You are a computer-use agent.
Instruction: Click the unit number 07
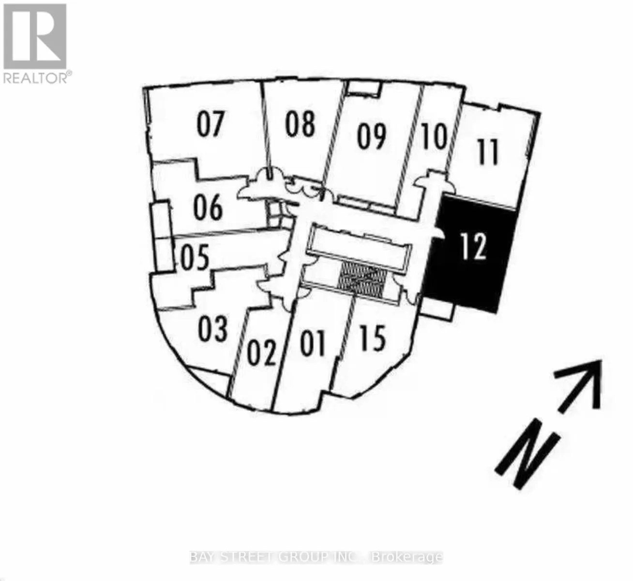(211, 124)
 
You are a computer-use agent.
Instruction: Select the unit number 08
(300, 124)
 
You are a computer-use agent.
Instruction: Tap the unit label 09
(371, 137)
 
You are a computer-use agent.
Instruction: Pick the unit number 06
(208, 207)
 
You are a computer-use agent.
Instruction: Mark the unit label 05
(195, 257)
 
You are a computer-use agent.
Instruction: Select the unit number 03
(212, 329)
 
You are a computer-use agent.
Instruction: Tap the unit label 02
(261, 353)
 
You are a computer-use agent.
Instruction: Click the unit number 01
(313, 344)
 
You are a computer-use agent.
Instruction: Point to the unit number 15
(372, 338)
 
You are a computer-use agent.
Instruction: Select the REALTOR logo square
(35, 37)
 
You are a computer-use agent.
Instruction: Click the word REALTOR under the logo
(35, 78)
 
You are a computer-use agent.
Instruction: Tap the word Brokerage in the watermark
(407, 557)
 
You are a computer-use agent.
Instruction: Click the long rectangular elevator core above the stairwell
(360, 246)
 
